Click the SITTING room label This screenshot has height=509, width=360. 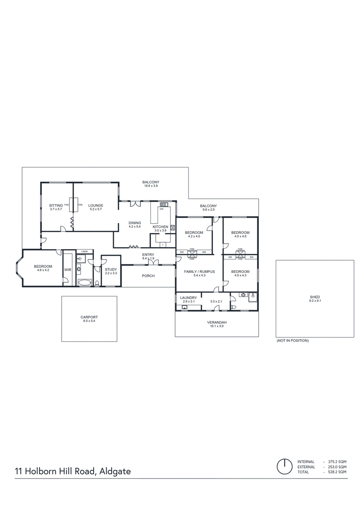point(56,205)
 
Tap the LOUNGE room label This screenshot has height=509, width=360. point(96,205)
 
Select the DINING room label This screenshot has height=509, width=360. point(135,223)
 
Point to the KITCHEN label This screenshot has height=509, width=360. point(161,227)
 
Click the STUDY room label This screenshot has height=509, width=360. point(111,269)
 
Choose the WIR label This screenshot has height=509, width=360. point(67,270)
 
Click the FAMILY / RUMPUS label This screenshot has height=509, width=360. point(199,272)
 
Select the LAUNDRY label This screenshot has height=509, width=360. point(189,298)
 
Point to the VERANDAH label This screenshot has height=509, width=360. point(217,322)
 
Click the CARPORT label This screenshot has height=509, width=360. point(89,317)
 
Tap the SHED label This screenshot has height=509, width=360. point(315,297)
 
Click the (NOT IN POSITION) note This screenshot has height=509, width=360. point(293,340)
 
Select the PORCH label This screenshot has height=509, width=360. point(148,276)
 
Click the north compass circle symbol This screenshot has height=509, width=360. point(284,467)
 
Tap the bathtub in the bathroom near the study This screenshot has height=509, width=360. point(85,282)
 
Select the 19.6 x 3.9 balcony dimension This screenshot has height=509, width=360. point(151,186)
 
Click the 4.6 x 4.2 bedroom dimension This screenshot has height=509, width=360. point(43,270)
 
